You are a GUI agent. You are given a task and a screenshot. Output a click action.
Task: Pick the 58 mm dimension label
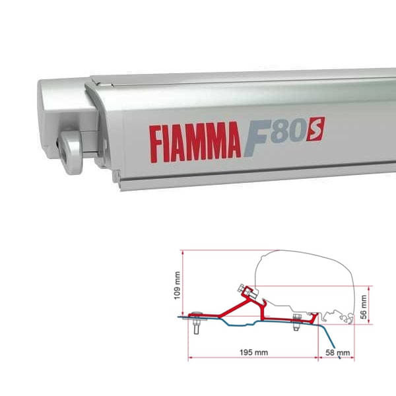[339, 353]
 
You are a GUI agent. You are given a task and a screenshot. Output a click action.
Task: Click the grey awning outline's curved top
[310, 253]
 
